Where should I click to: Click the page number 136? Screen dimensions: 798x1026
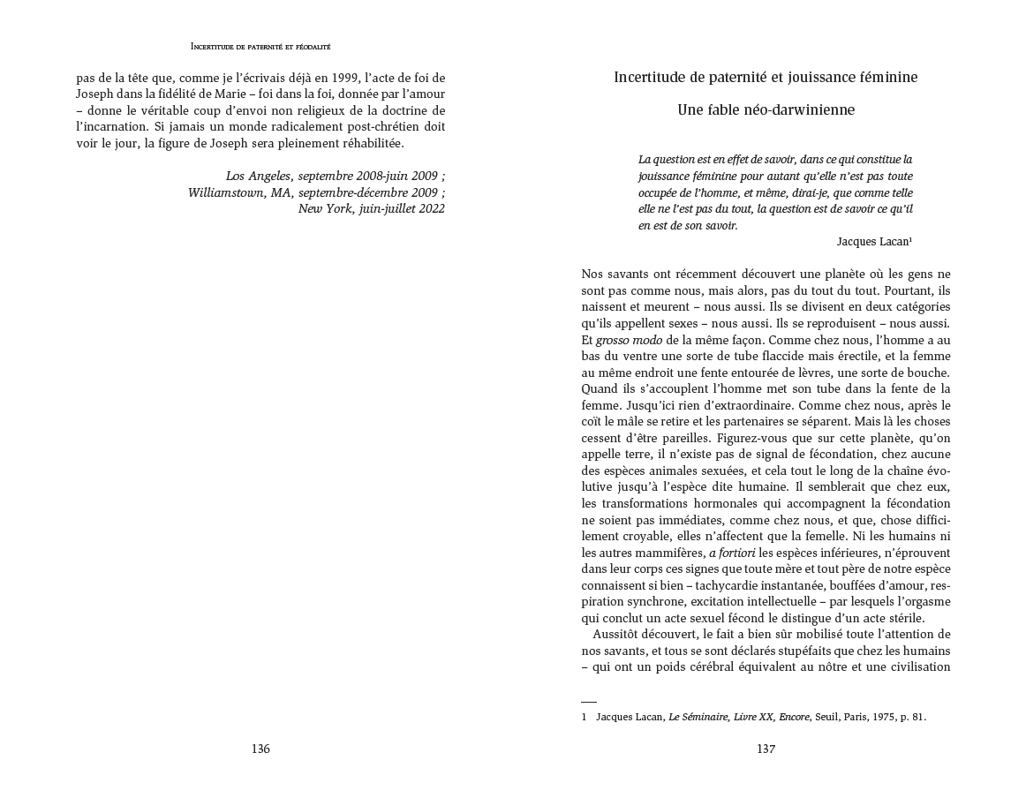click(260, 749)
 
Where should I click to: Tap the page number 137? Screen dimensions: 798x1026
click(766, 749)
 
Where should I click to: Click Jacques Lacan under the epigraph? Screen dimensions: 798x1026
click(871, 241)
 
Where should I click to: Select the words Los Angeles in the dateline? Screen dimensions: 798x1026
click(258, 176)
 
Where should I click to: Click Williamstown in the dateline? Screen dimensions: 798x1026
click(230, 192)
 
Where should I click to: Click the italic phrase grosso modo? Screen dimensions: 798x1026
click(624, 340)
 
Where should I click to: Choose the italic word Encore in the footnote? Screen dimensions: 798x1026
click(794, 717)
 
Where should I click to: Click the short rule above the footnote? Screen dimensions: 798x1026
click(589, 701)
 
